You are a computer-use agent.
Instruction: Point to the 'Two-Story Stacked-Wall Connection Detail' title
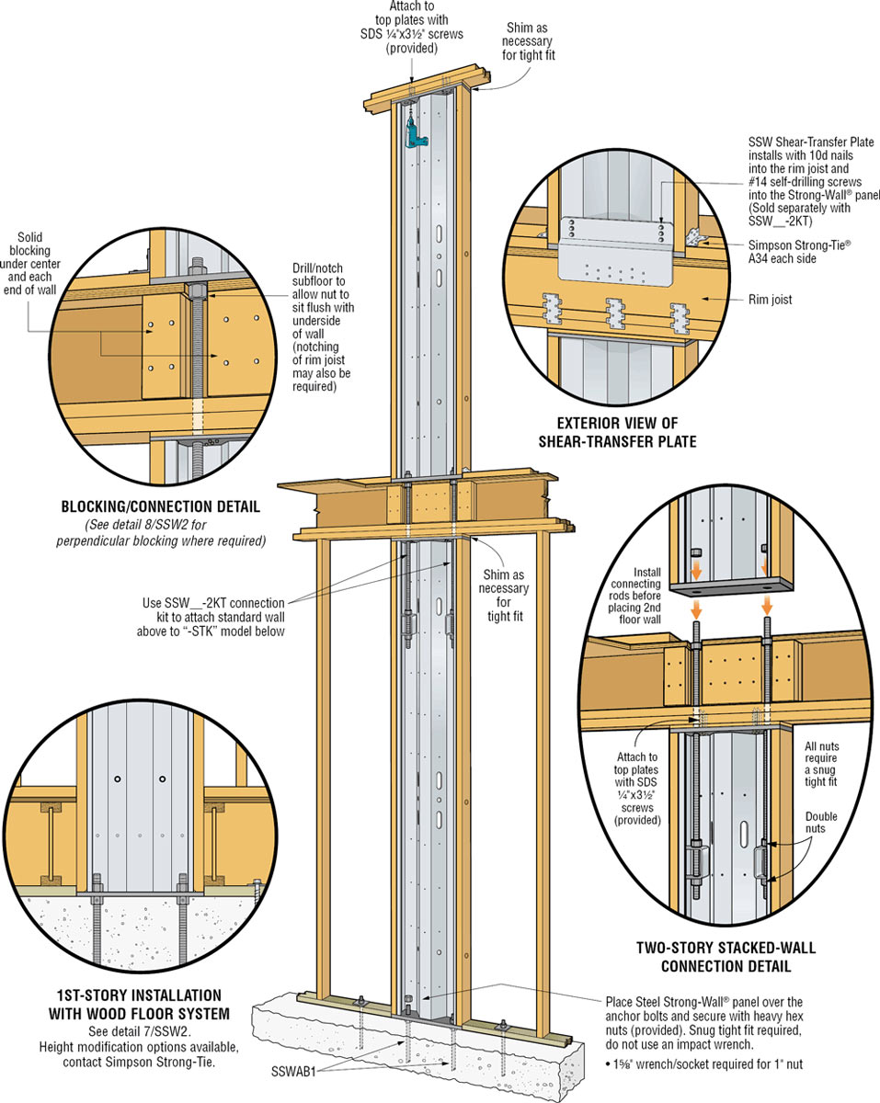tap(713, 957)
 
